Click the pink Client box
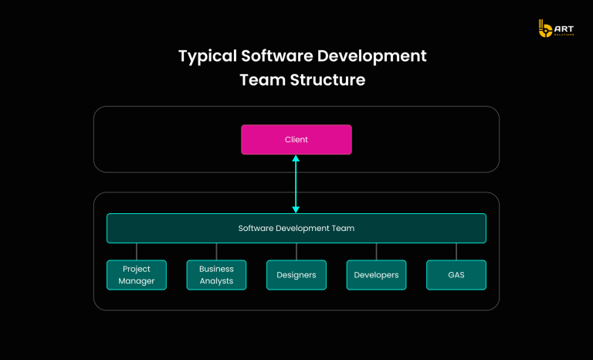click(x=296, y=140)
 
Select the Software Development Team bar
click(x=296, y=229)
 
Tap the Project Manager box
click(x=137, y=275)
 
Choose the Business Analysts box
click(x=216, y=275)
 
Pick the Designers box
click(x=296, y=275)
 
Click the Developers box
click(x=376, y=275)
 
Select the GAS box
click(x=456, y=275)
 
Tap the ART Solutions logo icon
click(x=544, y=29)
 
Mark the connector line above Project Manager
click(x=137, y=252)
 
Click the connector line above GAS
click(x=456, y=252)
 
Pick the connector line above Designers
click(x=296, y=252)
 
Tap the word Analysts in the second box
click(x=216, y=281)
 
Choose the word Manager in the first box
click(x=137, y=281)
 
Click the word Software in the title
click(x=279, y=56)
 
